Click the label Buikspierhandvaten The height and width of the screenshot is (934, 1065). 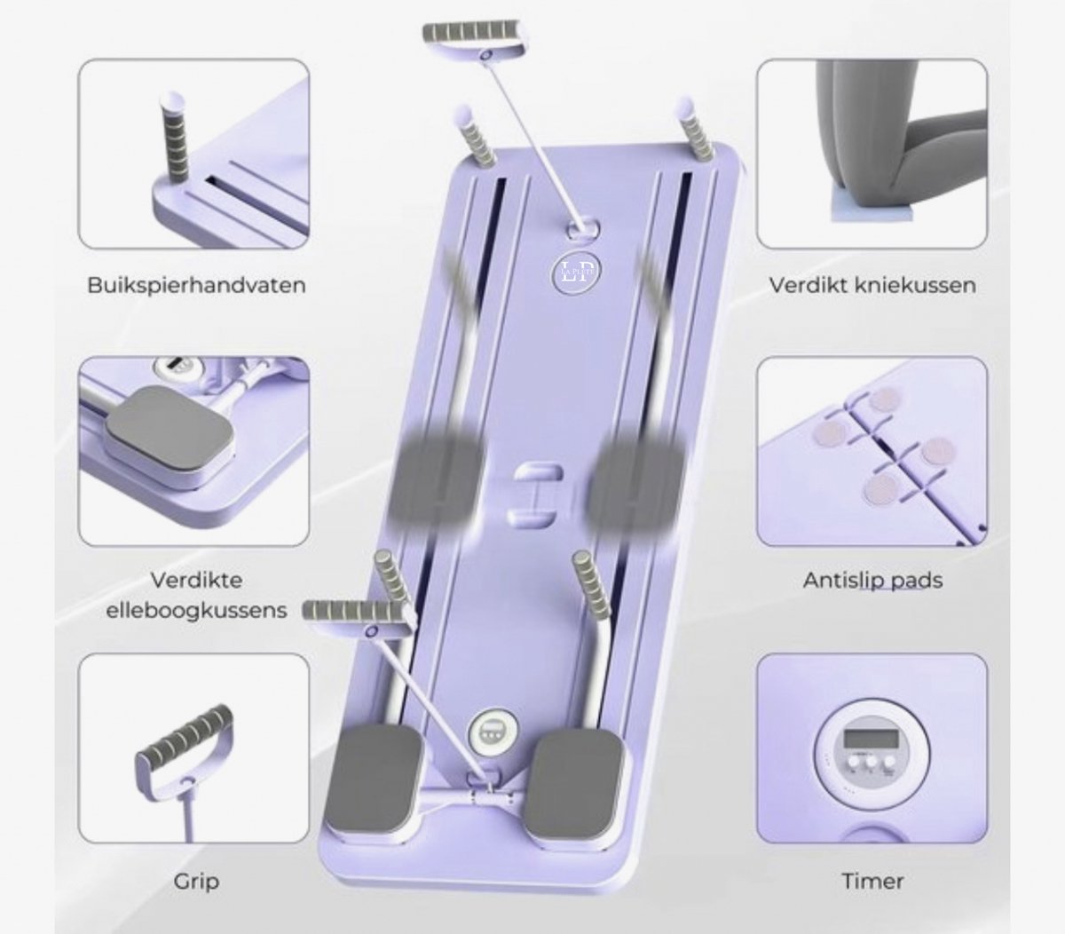pyautogui.click(x=196, y=286)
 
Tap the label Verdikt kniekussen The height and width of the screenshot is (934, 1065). pyautogui.click(x=872, y=285)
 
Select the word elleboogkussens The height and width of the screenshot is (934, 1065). pyautogui.click(x=197, y=610)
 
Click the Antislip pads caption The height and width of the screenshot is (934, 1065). pyautogui.click(x=872, y=580)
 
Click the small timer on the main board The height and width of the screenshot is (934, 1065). pyautogui.click(x=493, y=731)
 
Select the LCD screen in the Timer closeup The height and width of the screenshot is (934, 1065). pyautogui.click(x=871, y=739)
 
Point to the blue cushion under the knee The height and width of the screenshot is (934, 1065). pyautogui.click(x=872, y=211)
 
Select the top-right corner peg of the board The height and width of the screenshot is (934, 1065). pyautogui.click(x=696, y=128)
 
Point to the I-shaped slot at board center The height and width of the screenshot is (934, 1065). pyautogui.click(x=535, y=495)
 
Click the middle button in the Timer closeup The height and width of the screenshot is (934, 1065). pyautogui.click(x=871, y=761)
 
